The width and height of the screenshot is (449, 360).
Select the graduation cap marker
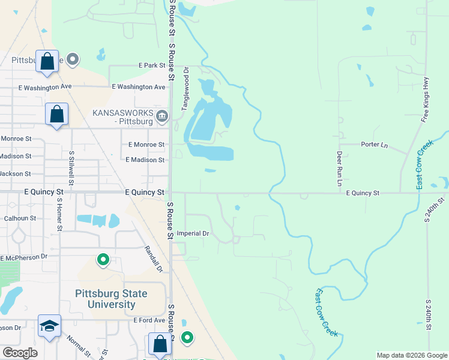[49, 326]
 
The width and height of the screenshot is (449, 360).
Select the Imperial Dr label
[191, 233]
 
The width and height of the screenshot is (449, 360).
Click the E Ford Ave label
[149, 320]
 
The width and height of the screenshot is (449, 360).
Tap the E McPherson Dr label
[23, 258]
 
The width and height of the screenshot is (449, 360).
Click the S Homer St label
[59, 216]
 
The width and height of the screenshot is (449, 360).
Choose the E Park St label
[151, 65]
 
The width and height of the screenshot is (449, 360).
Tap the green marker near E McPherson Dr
[103, 260]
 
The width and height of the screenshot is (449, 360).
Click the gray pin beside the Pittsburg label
[73, 59]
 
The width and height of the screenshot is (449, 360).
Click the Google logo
[20, 353]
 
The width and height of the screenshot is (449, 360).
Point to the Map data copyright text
[411, 355]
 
